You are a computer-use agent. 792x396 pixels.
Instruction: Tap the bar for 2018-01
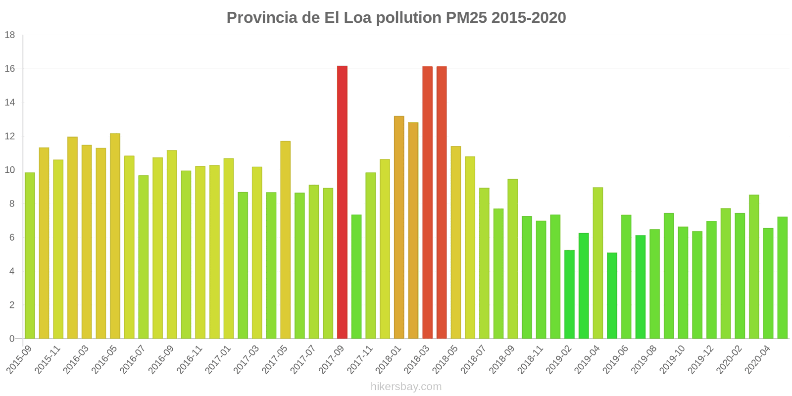click(399, 227)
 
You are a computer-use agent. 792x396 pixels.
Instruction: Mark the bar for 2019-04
click(598, 263)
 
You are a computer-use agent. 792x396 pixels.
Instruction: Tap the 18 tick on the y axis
click(10, 35)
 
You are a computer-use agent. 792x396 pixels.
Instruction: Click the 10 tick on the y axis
click(10, 170)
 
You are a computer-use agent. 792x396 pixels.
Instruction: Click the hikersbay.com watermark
click(406, 387)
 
